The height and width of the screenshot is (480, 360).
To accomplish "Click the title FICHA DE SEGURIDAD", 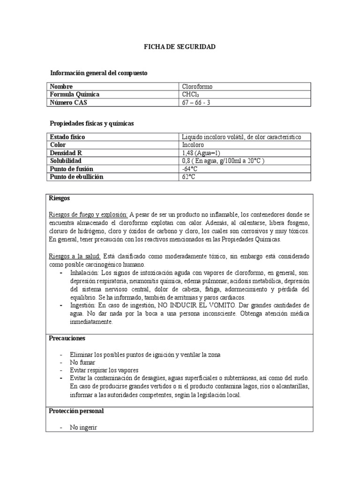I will click(x=180, y=47).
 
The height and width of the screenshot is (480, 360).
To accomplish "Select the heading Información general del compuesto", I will click(x=98, y=73).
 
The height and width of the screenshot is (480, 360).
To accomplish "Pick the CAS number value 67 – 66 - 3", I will click(x=196, y=103).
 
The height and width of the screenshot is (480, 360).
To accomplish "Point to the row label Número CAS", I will click(x=68, y=103).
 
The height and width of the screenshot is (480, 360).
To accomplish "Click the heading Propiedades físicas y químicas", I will click(x=92, y=123).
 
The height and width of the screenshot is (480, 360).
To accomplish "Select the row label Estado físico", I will click(x=67, y=137).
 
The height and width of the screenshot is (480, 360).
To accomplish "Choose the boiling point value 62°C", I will click(x=188, y=177).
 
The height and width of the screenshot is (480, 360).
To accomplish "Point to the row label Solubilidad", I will click(x=66, y=161).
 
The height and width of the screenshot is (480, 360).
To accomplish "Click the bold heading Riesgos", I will click(x=60, y=198).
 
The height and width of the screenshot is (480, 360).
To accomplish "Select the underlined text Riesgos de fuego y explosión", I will click(x=88, y=214).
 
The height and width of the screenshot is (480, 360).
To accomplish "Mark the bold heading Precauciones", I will click(x=67, y=338).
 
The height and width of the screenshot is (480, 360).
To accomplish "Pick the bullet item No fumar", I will click(x=82, y=362).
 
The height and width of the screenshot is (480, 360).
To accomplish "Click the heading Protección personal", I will click(x=76, y=411).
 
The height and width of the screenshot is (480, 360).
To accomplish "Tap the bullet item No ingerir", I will click(x=84, y=427).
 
